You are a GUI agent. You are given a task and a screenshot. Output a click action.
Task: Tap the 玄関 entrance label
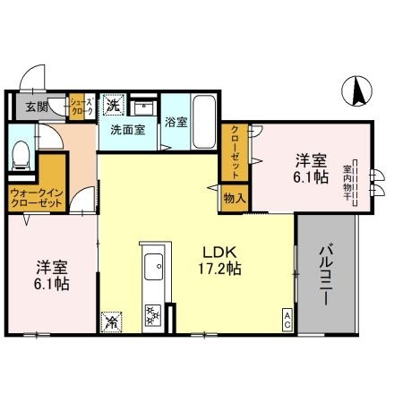pos(36,107)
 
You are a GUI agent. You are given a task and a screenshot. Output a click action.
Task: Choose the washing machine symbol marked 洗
pos(114,105)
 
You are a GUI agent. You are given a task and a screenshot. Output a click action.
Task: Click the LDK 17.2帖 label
pos(218,260)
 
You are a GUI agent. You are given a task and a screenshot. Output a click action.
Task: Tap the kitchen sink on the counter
pos(152,266)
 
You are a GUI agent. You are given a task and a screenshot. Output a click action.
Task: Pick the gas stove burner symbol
pos(151,314)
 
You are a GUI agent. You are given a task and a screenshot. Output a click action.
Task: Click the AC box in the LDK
pos(287,319)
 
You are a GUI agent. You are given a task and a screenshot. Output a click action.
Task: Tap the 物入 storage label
pos(234,196)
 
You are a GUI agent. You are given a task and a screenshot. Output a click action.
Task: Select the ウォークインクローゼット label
pos(35,198)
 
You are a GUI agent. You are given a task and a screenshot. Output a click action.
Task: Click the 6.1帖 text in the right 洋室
pos(312,178)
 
